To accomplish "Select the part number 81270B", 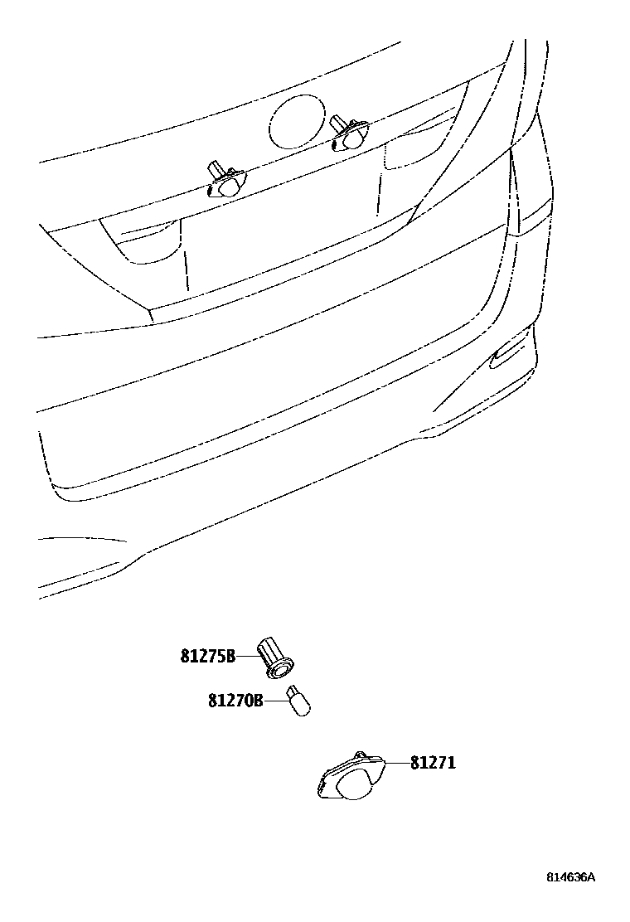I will pos(235,701).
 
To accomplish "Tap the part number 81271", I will pos(432,763).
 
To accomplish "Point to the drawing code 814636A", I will pos(570,877).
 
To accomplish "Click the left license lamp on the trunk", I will pos(225,182).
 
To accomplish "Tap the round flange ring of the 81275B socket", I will pos(283,665).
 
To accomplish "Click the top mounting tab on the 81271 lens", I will pos(361,755).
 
